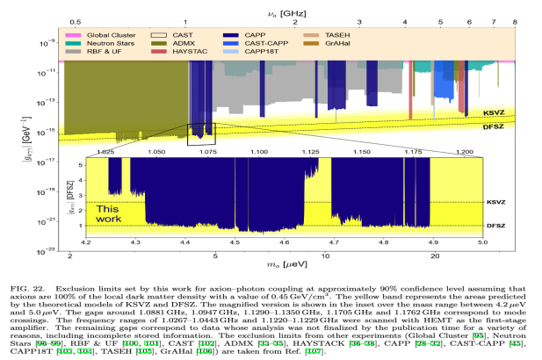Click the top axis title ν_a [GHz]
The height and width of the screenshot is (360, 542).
286,6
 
